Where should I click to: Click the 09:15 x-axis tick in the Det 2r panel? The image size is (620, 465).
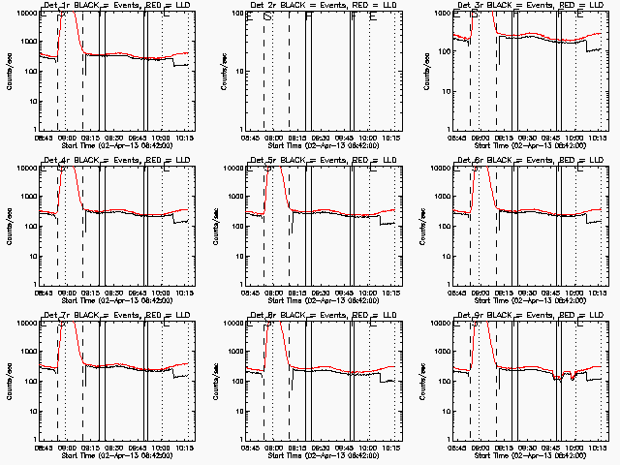(296, 138)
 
